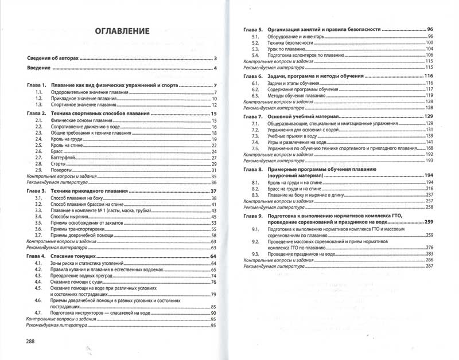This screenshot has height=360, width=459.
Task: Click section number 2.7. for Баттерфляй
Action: (x=39, y=158)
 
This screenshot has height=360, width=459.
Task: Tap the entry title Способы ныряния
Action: (x=70, y=217)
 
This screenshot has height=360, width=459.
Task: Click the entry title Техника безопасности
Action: (x=291, y=44)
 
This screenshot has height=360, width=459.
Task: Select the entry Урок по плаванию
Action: (x=286, y=49)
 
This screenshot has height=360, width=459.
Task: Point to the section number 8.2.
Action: (x=255, y=188)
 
